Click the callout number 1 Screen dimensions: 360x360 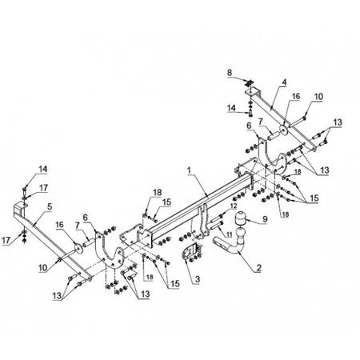click(x=189, y=170)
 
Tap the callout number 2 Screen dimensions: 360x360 click(x=258, y=268)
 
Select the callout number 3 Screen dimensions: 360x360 click(x=198, y=279)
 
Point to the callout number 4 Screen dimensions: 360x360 click(x=284, y=82)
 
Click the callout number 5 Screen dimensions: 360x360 click(x=50, y=206)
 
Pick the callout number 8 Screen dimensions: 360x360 click(x=230, y=72)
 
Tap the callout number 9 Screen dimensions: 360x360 click(x=265, y=219)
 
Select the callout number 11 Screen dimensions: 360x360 click(x=229, y=234)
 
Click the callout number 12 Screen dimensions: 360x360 click(x=233, y=206)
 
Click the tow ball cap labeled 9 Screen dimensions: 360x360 click(x=240, y=218)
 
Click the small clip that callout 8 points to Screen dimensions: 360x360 click(x=250, y=83)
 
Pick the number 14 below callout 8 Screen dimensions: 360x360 click(x=231, y=108)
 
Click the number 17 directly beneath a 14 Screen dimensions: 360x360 click(x=43, y=188)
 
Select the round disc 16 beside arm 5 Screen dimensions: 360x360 click(x=78, y=247)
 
